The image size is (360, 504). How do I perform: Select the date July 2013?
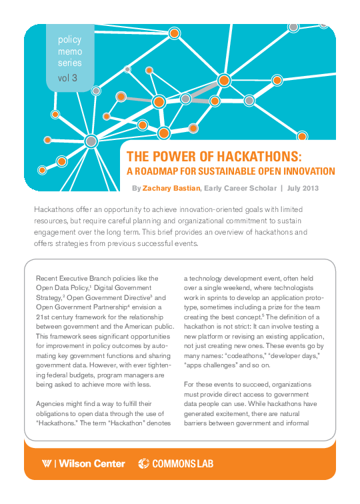pos(303,189)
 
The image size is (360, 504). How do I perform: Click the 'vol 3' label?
pos(67,77)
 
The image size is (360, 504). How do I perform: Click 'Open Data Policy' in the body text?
pos(65,287)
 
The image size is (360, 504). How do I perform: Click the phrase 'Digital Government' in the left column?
pos(130,287)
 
